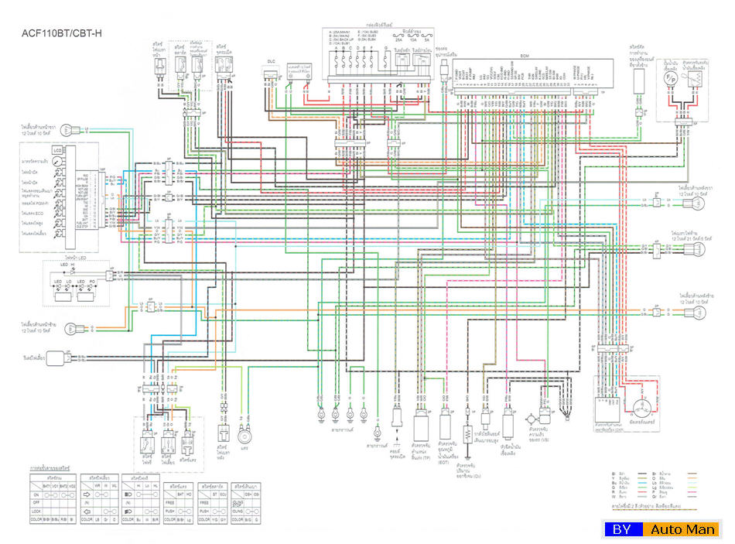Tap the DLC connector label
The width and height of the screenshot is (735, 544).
pos(272,59)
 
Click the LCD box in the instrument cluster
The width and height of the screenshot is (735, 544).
pos(56,149)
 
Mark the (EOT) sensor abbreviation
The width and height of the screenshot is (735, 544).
pos(446,462)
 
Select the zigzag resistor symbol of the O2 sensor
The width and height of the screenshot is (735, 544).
pos(467,434)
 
